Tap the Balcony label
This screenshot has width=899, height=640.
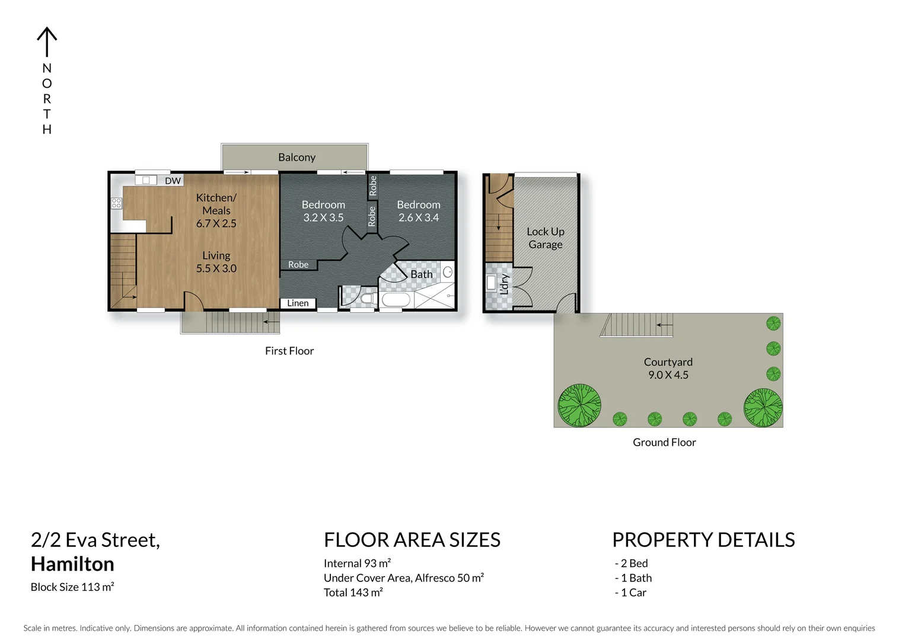(297, 158)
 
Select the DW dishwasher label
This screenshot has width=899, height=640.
(173, 181)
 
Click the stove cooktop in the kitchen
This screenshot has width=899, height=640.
(116, 203)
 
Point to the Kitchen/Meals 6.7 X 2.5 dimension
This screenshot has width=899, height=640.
(216, 223)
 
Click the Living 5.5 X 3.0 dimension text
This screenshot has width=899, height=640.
(216, 268)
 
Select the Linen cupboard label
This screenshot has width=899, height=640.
(298, 303)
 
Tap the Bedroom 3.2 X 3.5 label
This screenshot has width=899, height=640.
(323, 211)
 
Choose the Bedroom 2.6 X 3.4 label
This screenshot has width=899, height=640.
(419, 211)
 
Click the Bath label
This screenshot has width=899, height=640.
(422, 274)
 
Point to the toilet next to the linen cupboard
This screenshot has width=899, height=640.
(367, 297)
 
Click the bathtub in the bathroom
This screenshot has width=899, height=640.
(395, 300)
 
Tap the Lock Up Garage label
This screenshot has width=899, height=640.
(546, 238)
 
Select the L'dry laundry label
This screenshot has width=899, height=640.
(504, 284)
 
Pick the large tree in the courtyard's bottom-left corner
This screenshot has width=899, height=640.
(579, 406)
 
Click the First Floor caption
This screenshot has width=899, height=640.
(289, 351)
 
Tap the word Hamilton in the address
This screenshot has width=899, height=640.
(72, 564)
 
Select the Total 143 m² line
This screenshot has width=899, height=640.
(353, 593)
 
